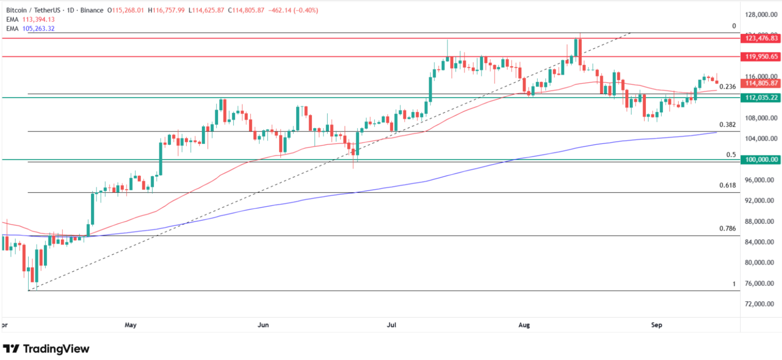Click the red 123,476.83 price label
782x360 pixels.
click(x=761, y=38)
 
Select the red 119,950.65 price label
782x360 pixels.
click(x=761, y=57)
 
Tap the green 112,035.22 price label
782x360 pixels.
click(x=761, y=97)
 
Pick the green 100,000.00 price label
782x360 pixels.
click(x=761, y=159)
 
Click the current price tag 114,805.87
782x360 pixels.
click(x=761, y=83)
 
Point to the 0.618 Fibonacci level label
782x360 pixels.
click(x=727, y=185)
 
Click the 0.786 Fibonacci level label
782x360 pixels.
click(x=727, y=228)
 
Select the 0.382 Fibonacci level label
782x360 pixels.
click(x=727, y=125)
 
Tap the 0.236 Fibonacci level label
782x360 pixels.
click(x=727, y=87)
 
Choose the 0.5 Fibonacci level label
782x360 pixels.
click(x=731, y=155)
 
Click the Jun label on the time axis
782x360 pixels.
click(x=263, y=325)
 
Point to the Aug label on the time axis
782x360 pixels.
click(x=524, y=325)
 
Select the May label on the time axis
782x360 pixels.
click(x=131, y=325)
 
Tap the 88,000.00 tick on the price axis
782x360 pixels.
click(x=759, y=221)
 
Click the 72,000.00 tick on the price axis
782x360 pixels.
click(x=759, y=304)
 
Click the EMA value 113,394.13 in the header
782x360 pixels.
click(x=39, y=19)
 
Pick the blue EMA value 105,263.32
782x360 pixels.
click(x=39, y=28)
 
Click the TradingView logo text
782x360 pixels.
click(x=56, y=349)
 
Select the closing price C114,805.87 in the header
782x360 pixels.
click(x=246, y=10)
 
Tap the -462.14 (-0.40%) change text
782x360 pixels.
click(x=293, y=10)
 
